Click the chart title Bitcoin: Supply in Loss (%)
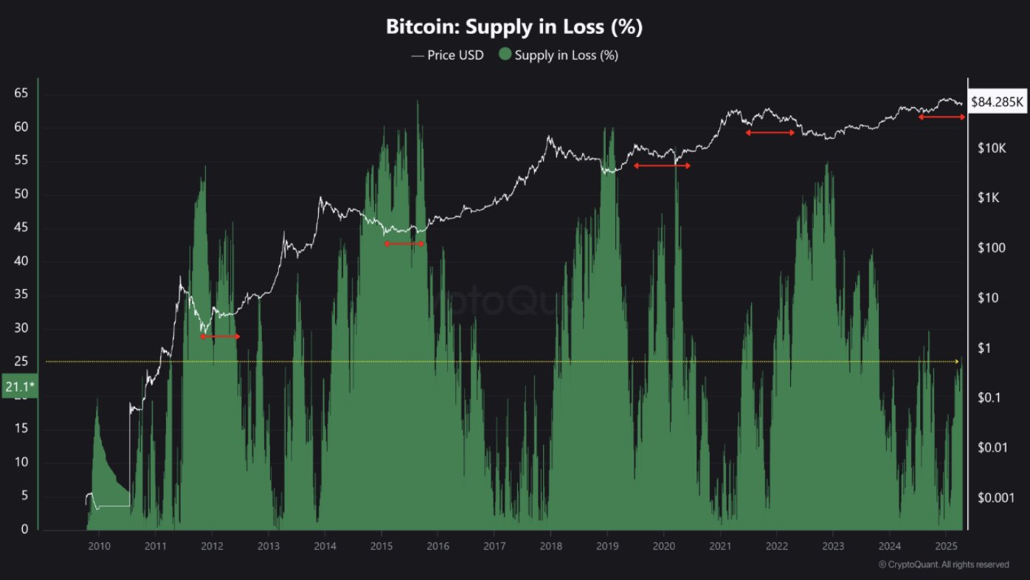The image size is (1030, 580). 514,27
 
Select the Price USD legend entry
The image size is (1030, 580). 448,55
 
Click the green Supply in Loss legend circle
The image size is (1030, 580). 505,55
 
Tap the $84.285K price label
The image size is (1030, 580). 998,101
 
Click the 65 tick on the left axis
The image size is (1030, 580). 21,94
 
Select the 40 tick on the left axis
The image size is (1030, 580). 21,262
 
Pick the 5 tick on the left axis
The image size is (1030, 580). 24,496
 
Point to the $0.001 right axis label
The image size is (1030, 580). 991,497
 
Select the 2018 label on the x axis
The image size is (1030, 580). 550,547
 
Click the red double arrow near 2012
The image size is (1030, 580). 220,336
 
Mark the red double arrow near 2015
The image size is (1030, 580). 404,244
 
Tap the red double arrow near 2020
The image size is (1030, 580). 662,166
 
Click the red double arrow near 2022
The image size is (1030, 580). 770,133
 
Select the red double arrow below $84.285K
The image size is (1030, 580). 941,117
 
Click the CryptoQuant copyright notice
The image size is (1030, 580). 944,565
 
